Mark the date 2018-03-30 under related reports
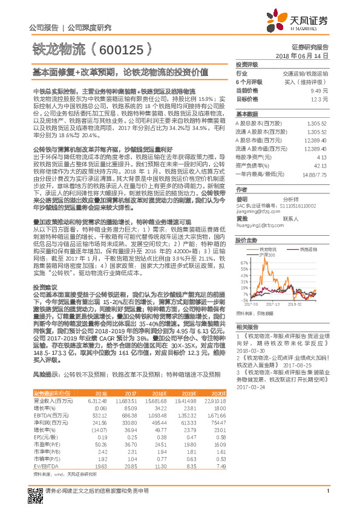250,349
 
